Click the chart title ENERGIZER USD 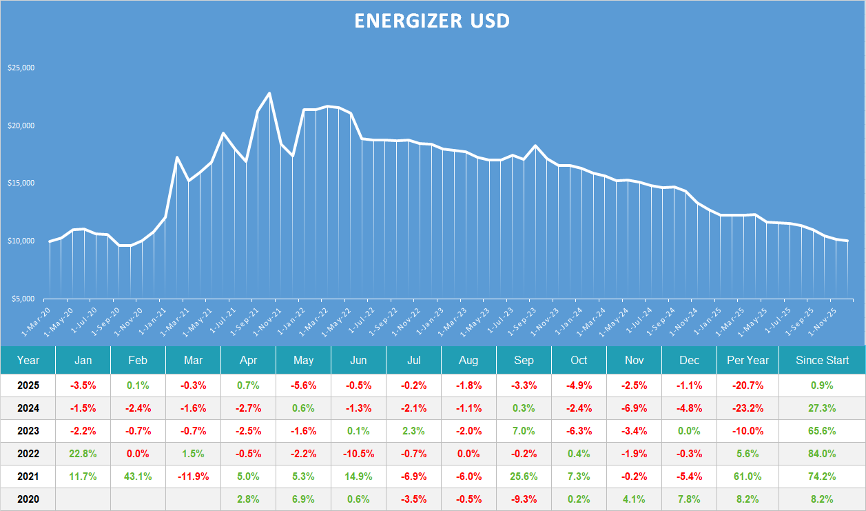(432, 21)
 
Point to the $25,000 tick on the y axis (21, 68)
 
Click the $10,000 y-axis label (21, 241)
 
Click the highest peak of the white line (269, 93)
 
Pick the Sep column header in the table (524, 360)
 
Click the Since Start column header (823, 360)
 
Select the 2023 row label (28, 431)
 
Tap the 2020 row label (28, 499)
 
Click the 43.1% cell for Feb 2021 (138, 477)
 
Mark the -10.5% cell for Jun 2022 (358, 454)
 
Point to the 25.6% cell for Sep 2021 (524, 477)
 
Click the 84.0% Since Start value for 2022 (823, 454)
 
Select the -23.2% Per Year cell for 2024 (748, 408)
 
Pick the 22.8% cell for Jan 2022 (83, 454)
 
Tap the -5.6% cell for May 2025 (303, 385)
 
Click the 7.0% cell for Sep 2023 (524, 431)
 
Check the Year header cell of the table (28, 360)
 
